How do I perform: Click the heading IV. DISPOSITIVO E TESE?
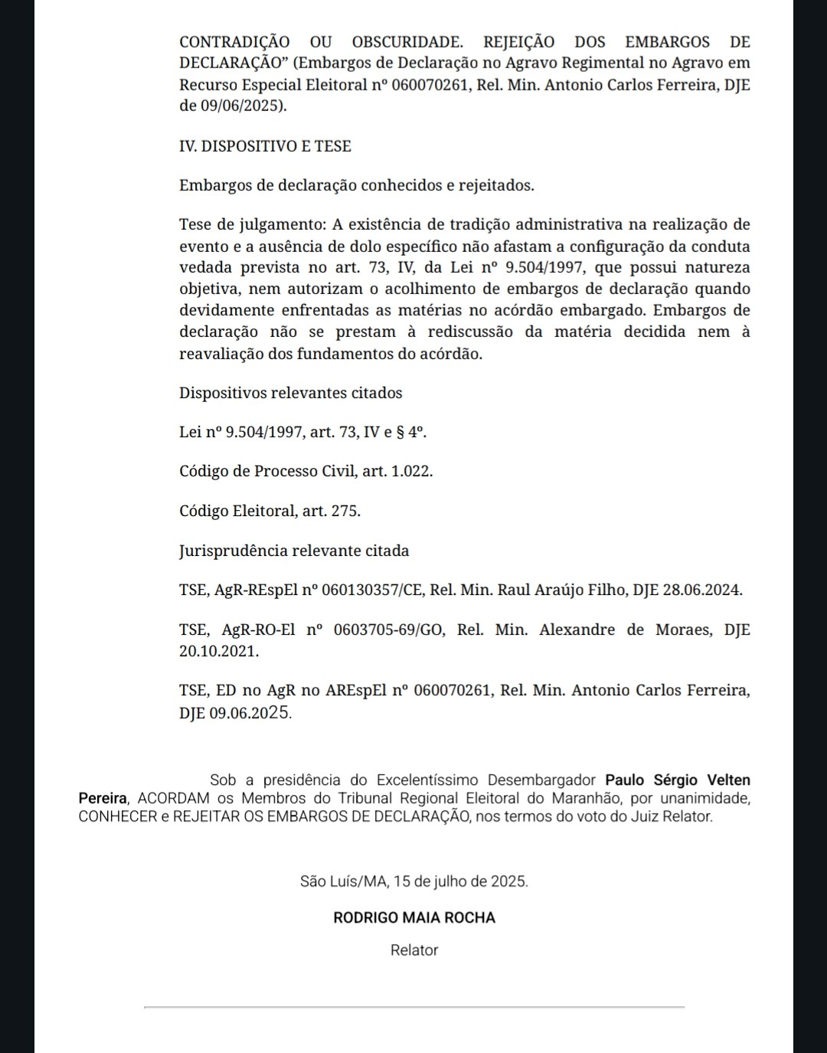265,146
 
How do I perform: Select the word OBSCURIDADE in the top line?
407,42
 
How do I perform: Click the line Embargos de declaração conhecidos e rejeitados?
356,185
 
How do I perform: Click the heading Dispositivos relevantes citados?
290,393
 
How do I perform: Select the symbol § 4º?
410,432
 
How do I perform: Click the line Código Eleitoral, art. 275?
270,511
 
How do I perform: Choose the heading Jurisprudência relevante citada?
294,551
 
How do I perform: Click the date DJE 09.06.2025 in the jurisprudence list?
235,713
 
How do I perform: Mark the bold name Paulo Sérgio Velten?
677,780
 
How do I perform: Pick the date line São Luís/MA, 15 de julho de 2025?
413,881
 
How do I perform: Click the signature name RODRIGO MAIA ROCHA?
414,917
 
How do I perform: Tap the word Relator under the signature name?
414,950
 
